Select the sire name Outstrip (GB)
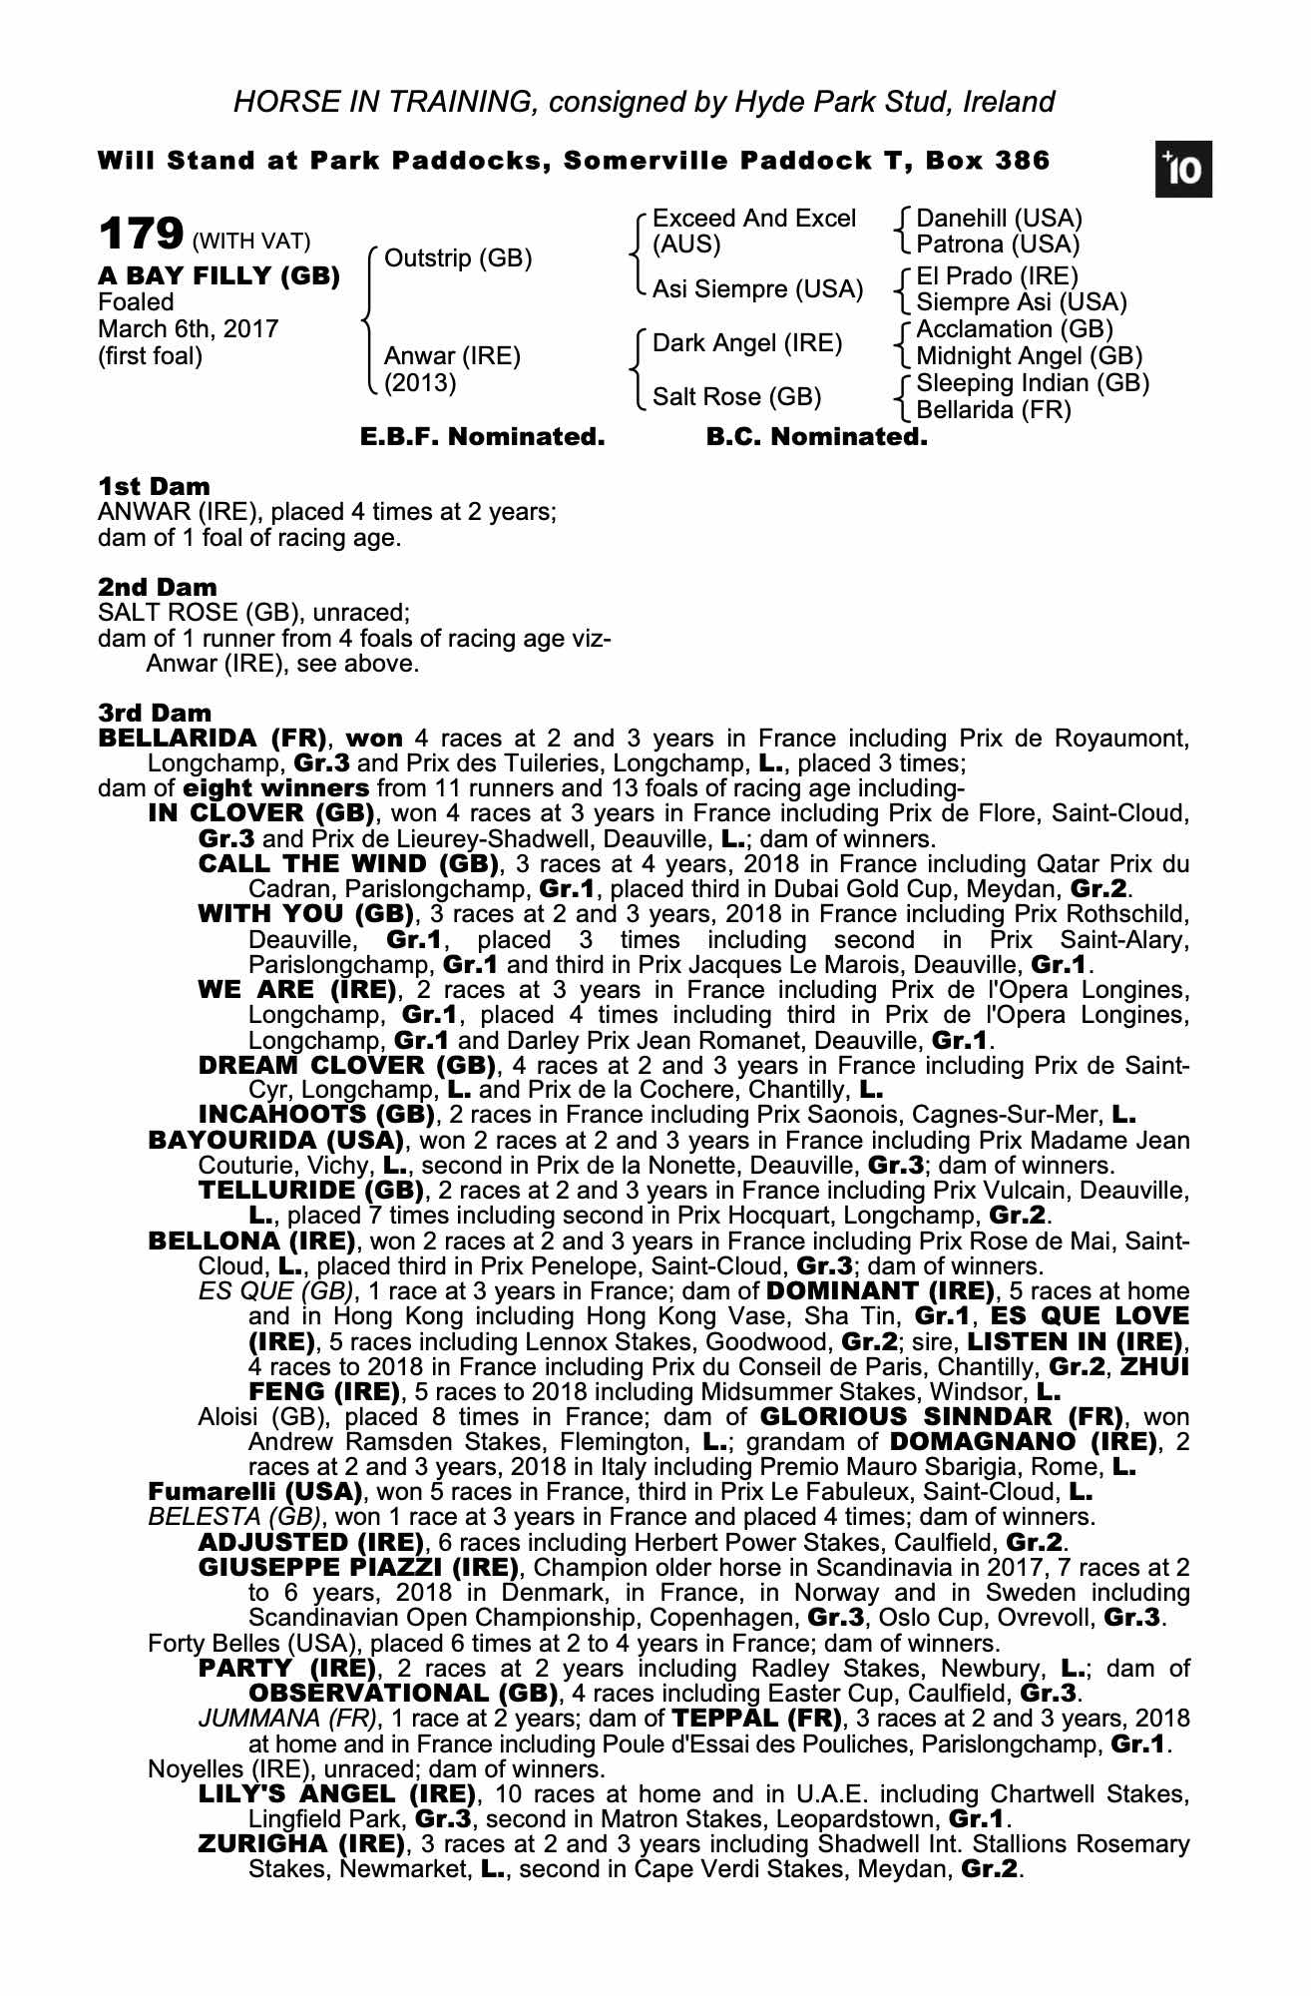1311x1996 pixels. click(x=458, y=259)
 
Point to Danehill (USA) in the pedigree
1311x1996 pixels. click(x=999, y=219)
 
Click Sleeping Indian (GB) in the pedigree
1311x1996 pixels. click(x=1033, y=383)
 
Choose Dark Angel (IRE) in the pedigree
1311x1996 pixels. click(x=747, y=344)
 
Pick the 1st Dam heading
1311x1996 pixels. click(x=154, y=487)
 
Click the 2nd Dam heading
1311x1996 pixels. click(x=157, y=588)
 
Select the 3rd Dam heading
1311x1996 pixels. click(x=155, y=713)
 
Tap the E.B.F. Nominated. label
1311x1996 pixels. click(x=482, y=437)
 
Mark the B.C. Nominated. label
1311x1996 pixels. click(x=816, y=437)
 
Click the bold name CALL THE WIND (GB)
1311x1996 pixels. click(x=348, y=863)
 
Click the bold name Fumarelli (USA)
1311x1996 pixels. click(x=254, y=1492)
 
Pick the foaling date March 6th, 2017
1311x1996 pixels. click(x=188, y=329)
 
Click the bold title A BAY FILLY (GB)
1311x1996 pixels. click(x=218, y=276)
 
